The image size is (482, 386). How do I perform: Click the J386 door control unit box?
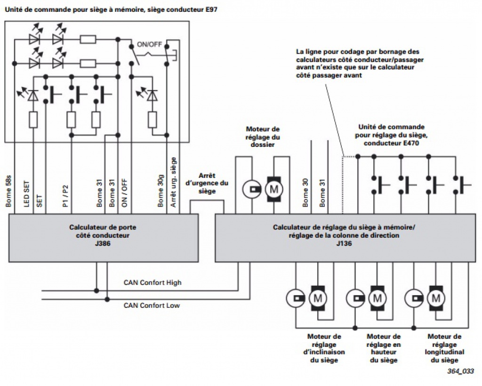(103, 238)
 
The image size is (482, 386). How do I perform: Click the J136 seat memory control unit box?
(345, 238)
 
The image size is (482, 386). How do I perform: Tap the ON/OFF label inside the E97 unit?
(149, 45)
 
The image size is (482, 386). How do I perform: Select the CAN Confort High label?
(153, 282)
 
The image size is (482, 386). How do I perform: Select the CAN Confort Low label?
(152, 306)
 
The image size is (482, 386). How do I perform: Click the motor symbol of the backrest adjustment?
(274, 189)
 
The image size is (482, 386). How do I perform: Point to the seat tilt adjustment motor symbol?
(318, 298)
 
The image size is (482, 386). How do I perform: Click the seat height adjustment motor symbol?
(378, 298)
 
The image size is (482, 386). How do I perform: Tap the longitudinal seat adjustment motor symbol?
(436, 298)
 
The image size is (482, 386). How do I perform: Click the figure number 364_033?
(460, 371)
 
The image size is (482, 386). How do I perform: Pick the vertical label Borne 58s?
(8, 191)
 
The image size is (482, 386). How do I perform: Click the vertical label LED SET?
(27, 193)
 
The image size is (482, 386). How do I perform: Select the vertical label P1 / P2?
(65, 196)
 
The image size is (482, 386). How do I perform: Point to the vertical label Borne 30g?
(161, 191)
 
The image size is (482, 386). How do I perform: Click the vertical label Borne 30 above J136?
(305, 193)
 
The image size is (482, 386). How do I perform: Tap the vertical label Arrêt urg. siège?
(173, 182)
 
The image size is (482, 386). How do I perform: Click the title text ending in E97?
(111, 9)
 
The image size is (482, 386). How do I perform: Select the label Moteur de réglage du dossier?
(263, 137)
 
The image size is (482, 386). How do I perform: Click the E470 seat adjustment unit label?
(391, 135)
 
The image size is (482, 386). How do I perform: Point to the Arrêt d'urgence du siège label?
(207, 183)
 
